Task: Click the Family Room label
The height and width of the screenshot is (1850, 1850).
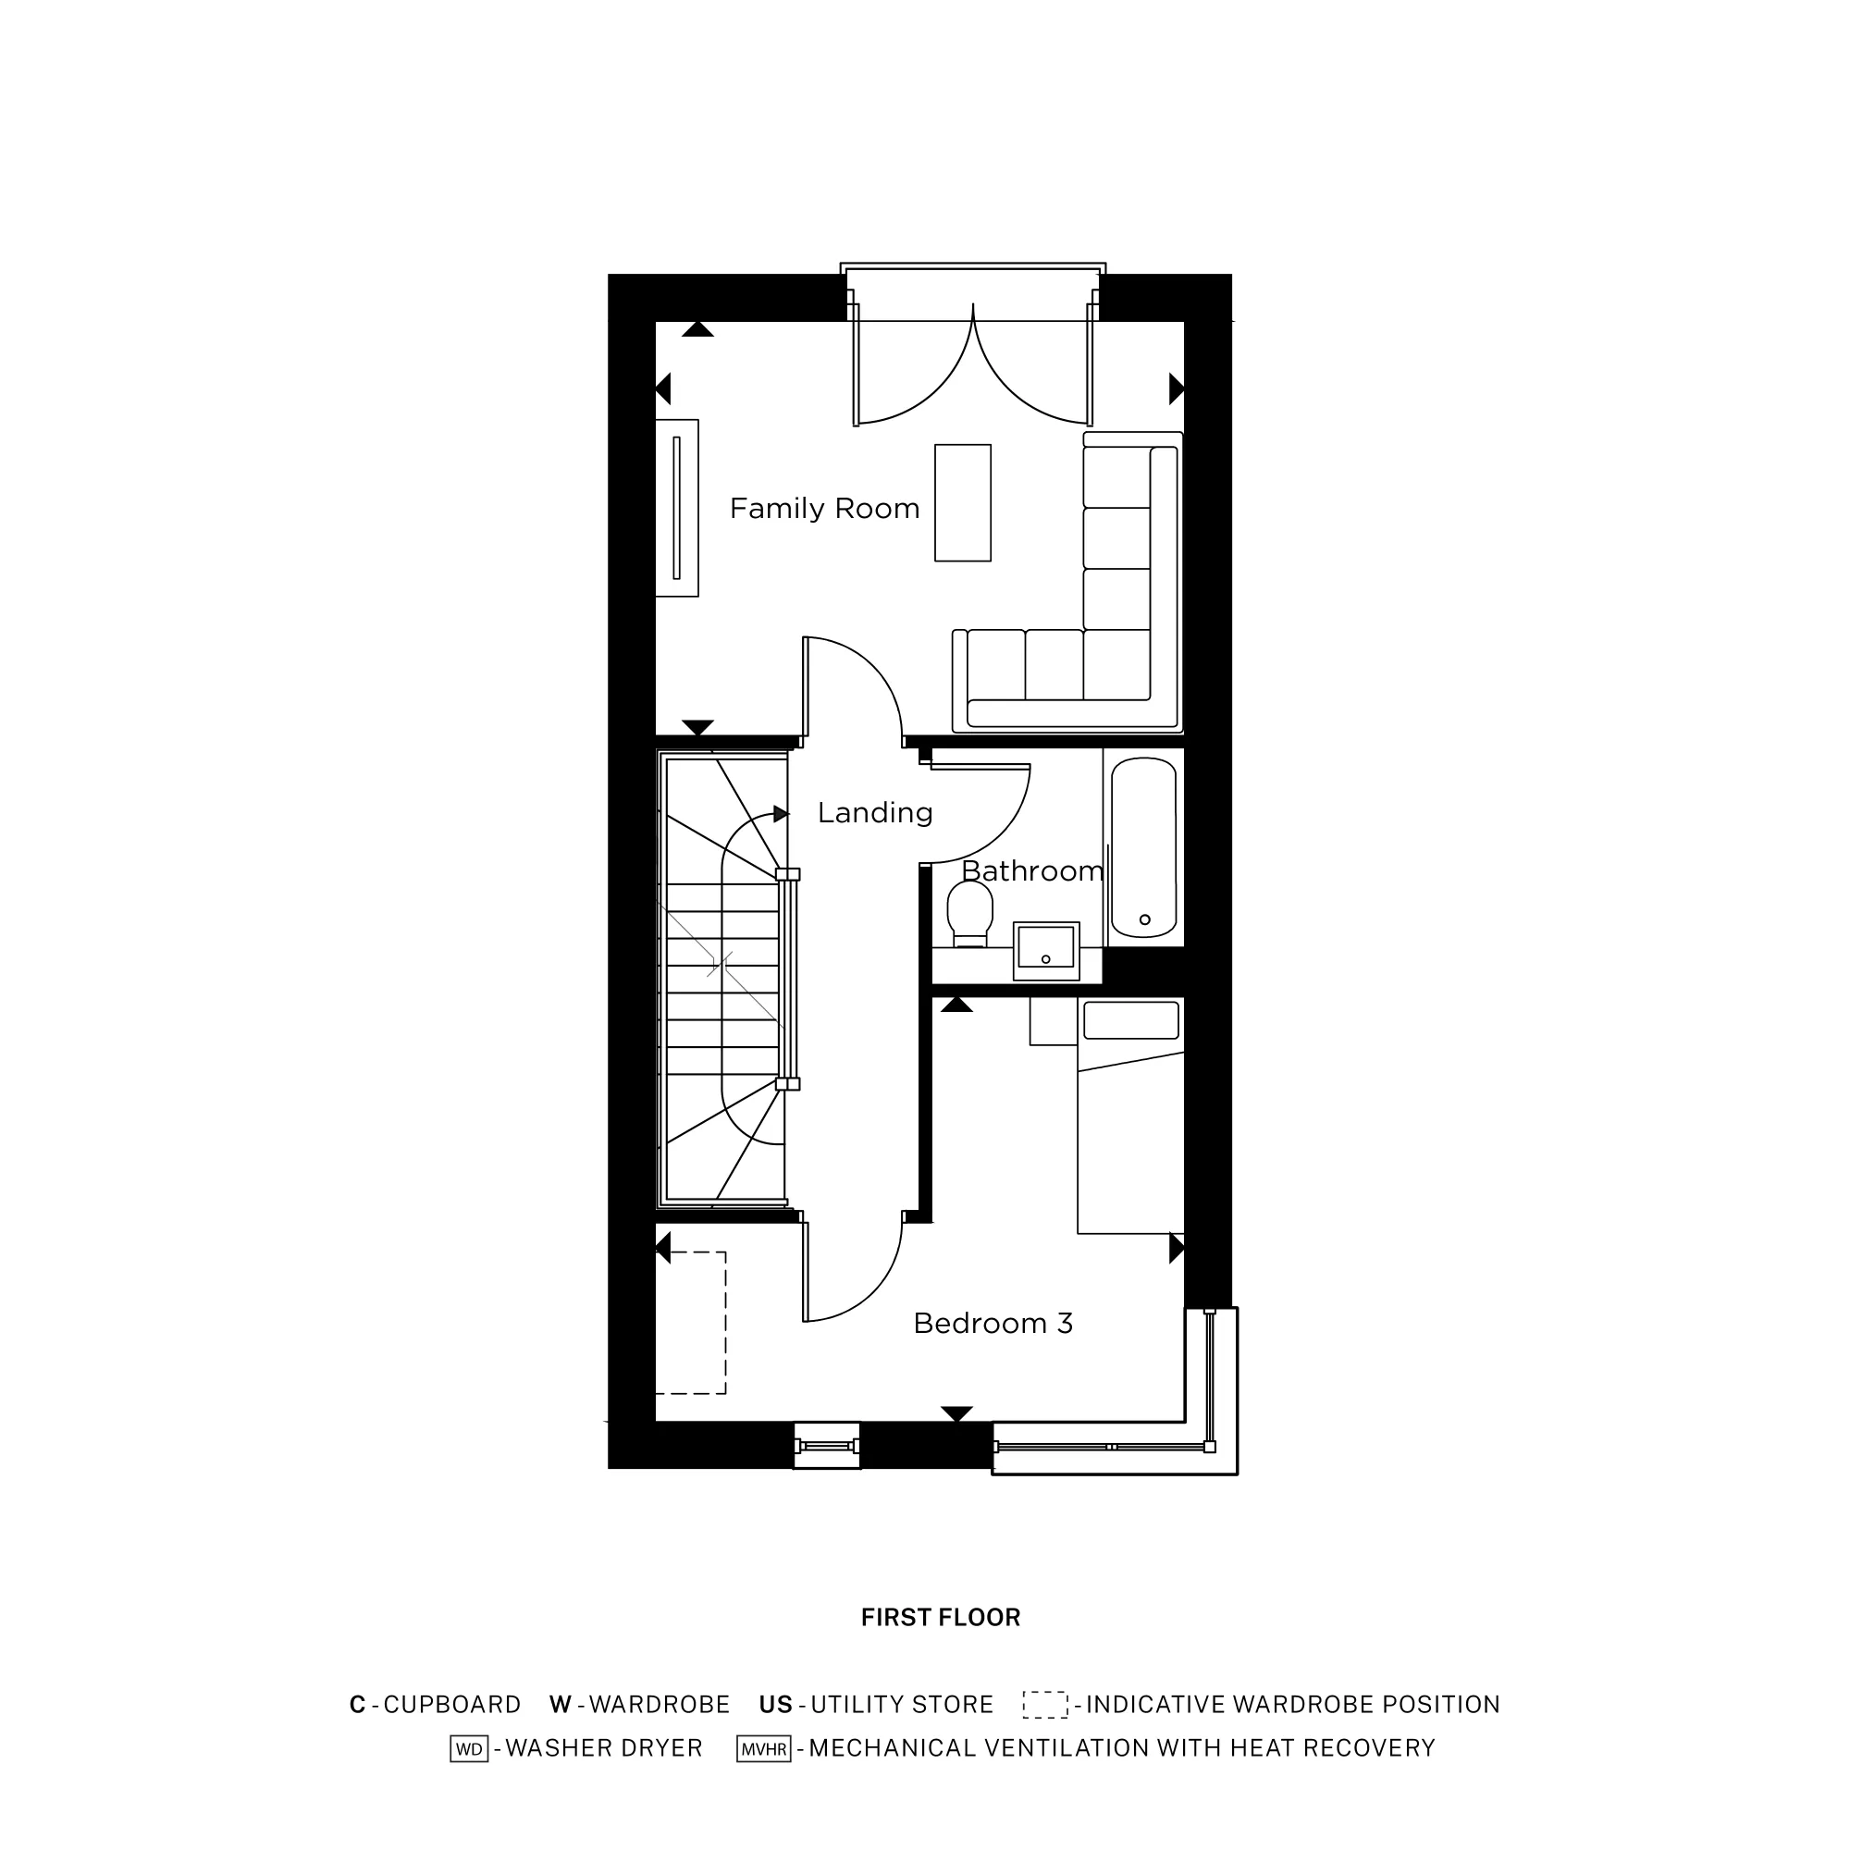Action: point(824,509)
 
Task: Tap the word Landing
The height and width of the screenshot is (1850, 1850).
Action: point(874,813)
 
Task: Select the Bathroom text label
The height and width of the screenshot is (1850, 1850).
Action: point(1032,871)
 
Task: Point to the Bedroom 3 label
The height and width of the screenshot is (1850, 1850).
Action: point(993,1324)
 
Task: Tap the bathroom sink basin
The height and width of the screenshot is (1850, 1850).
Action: point(1045,948)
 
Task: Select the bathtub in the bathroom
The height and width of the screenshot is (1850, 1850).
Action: point(1143,847)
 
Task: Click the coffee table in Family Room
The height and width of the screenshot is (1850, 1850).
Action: point(962,502)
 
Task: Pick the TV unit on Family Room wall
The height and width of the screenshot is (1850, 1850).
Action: point(677,508)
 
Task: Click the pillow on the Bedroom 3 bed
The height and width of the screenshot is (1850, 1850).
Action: point(1130,1021)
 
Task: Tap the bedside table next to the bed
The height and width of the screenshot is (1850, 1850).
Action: point(1054,1021)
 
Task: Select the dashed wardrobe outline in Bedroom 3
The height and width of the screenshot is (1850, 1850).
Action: point(691,1323)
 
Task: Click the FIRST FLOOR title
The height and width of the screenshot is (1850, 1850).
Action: point(941,1617)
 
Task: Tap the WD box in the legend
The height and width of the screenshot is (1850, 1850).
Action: point(469,1748)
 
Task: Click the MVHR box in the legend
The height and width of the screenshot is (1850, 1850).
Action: point(763,1748)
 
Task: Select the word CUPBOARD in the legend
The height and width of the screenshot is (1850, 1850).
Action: point(452,1705)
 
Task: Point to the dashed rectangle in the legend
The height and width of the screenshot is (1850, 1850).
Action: point(1044,1705)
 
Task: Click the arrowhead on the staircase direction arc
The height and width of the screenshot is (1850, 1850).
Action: point(782,814)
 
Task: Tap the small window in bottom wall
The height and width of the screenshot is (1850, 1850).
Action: point(827,1446)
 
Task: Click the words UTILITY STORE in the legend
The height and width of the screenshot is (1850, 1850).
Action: point(902,1705)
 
